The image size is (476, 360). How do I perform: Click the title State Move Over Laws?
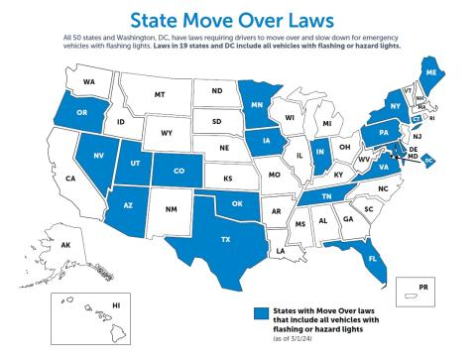pos(238,16)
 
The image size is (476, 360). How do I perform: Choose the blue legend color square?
pos(260,313)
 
